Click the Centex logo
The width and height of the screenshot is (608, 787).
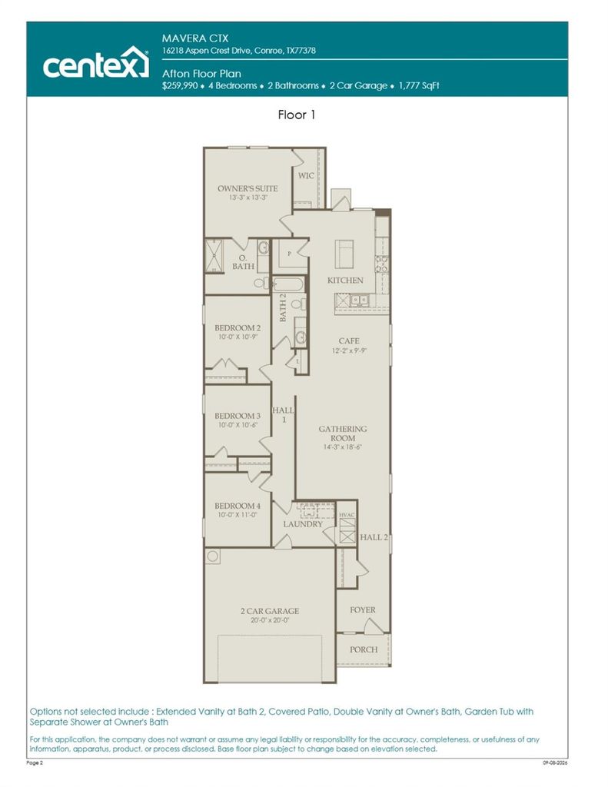[95, 62]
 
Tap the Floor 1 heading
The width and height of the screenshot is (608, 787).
[296, 115]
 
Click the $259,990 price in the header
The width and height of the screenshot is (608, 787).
[180, 85]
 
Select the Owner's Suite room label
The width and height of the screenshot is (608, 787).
[248, 189]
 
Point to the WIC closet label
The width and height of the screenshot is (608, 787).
[306, 176]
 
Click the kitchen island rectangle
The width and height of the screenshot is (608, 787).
[344, 254]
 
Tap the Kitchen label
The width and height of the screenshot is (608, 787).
[345, 280]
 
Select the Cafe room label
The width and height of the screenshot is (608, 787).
[349, 340]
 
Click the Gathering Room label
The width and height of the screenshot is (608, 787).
[343, 433]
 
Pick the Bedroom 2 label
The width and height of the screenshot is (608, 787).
[238, 327]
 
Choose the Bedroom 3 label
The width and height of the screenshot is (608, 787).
[238, 416]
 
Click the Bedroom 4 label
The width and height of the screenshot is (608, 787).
[238, 506]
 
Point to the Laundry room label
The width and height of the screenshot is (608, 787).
[303, 524]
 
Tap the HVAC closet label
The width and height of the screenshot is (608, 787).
[347, 515]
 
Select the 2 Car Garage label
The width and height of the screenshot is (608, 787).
[270, 611]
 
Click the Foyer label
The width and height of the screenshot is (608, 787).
[363, 609]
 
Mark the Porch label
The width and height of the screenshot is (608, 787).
[364, 649]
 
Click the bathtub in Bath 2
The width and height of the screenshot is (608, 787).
[288, 284]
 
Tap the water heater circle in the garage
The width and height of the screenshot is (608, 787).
[213, 556]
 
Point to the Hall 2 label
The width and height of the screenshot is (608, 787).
[374, 537]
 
